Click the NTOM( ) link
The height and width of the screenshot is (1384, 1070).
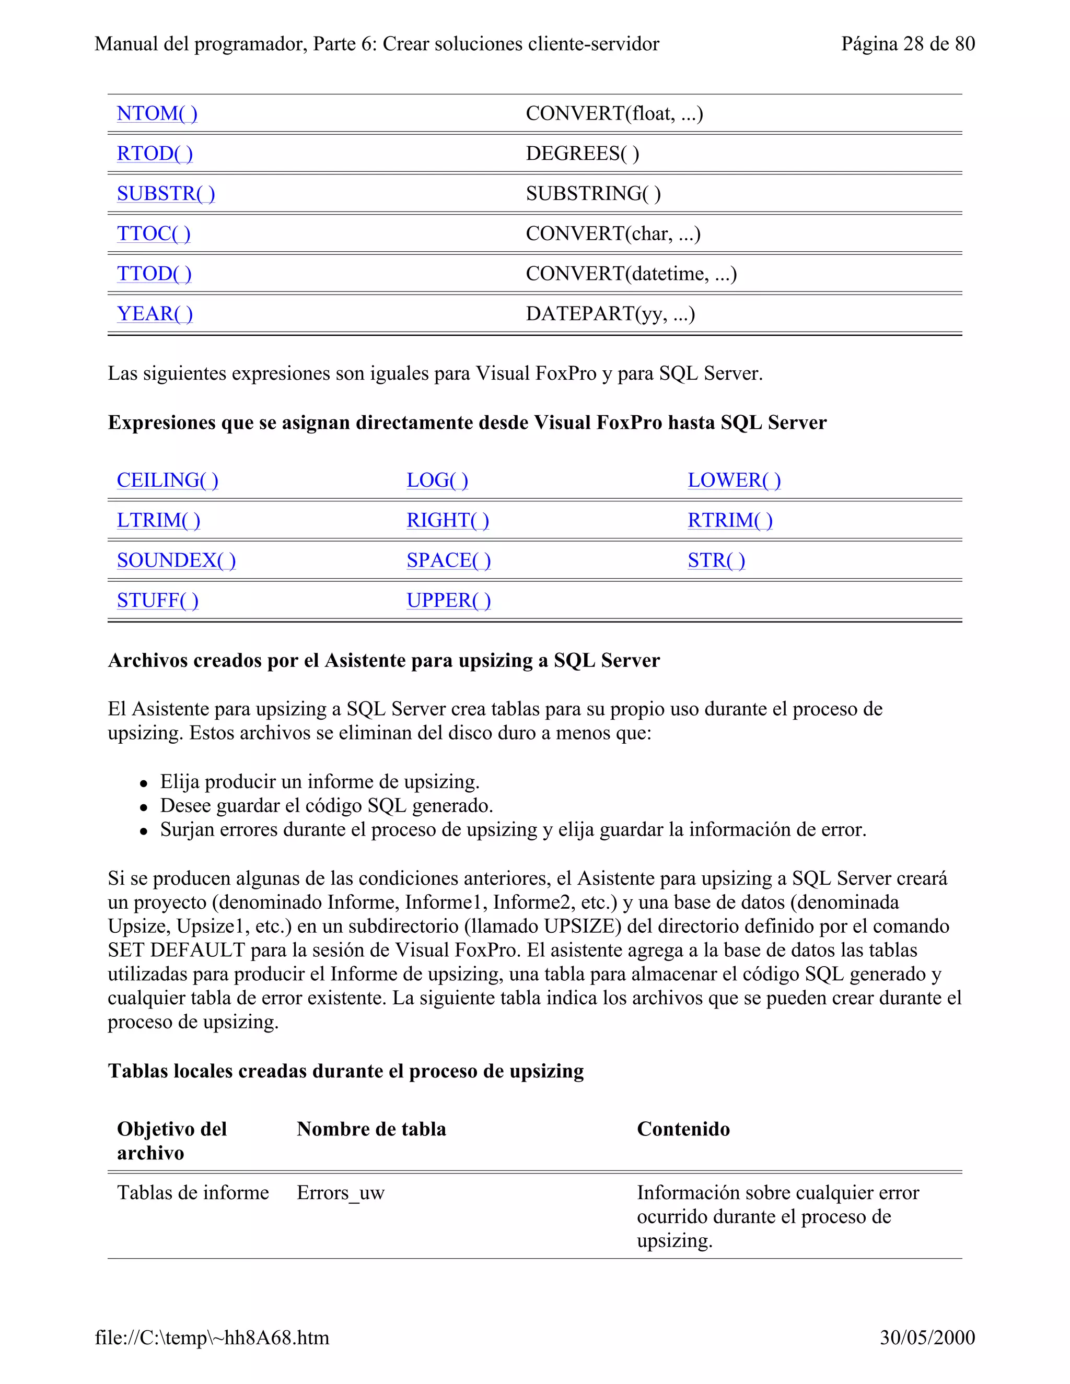tap(157, 113)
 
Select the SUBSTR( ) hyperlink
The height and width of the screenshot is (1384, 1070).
tap(166, 193)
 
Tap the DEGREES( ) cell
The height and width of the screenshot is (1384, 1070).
tap(582, 154)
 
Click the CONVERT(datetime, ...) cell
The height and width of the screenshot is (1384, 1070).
tap(631, 274)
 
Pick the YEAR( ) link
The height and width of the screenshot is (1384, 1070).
tap(155, 314)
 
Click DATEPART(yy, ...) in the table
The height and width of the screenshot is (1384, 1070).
tap(610, 314)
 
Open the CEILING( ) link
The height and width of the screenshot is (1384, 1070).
tap(167, 480)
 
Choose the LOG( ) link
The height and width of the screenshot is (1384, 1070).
tap(437, 480)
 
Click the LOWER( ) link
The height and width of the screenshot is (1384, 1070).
tap(734, 480)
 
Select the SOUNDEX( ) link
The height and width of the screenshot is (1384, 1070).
tap(176, 560)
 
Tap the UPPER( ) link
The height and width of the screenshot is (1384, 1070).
tap(448, 600)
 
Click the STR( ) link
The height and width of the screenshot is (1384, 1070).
tap(716, 560)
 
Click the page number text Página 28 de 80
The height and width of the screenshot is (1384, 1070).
tap(907, 44)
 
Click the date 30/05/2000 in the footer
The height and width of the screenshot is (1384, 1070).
tap(927, 1337)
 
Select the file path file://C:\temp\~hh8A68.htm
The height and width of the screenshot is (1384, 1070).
tap(212, 1337)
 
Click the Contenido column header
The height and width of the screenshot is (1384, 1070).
tap(683, 1129)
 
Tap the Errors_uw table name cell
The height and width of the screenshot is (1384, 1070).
tap(341, 1193)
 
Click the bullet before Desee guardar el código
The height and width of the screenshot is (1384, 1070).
tap(144, 807)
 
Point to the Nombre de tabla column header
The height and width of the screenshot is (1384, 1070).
tap(371, 1129)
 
